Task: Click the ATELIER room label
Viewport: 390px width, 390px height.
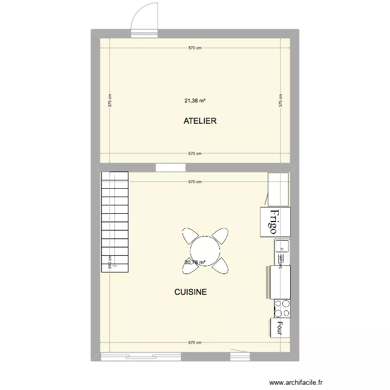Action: pos(200,121)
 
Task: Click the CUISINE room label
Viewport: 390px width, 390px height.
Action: pos(190,292)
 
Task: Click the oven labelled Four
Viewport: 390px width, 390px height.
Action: pos(279,328)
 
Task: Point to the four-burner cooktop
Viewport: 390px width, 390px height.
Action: pos(281,308)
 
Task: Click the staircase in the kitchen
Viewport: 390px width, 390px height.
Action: pos(115,218)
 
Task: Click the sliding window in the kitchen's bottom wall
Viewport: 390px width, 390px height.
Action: pos(140,357)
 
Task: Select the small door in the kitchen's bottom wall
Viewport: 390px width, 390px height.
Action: pos(241,357)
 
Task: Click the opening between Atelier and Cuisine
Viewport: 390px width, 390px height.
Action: pos(171,167)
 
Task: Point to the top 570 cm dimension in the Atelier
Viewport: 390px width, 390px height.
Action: pos(194,48)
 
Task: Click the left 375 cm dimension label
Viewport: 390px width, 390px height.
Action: pos(109,100)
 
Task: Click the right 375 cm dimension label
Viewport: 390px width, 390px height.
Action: pos(280,100)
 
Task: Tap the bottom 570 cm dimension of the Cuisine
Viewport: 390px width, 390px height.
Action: pos(194,343)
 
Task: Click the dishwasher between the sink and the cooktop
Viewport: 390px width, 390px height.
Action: pos(279,282)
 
